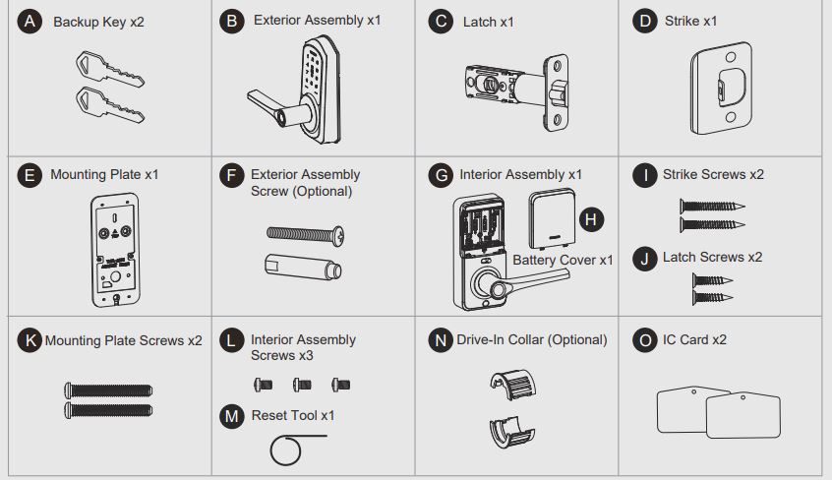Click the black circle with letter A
[x=30, y=22]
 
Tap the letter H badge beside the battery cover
[x=591, y=219]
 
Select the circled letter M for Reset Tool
[x=232, y=416]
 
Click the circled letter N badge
[x=441, y=339]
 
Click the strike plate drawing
[x=721, y=89]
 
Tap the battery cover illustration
[x=552, y=218]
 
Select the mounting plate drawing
[x=115, y=250]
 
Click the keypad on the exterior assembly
[x=314, y=69]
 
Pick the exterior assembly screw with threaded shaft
[x=305, y=234]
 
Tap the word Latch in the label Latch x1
[x=479, y=22]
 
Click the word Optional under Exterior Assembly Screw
[x=323, y=191]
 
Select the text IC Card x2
[x=694, y=339]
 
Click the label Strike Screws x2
[x=713, y=175]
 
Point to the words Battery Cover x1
[x=563, y=261]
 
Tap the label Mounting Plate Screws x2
[x=124, y=341]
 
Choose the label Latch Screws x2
[x=713, y=258]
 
